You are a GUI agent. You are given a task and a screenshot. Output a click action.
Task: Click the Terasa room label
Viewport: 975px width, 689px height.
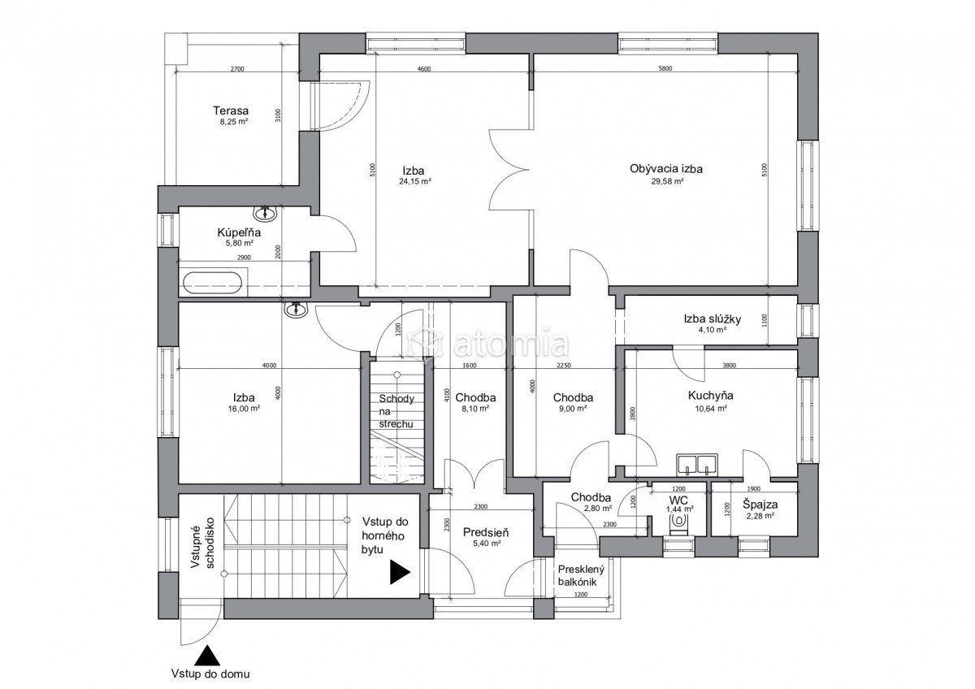click(x=231, y=110)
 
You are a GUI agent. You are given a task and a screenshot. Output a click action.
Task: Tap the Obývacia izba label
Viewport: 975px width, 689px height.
click(x=666, y=169)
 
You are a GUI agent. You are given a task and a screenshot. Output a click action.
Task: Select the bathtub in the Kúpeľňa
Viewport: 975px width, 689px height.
click(x=212, y=284)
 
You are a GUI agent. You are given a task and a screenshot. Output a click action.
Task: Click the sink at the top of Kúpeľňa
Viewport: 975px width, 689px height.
click(x=265, y=213)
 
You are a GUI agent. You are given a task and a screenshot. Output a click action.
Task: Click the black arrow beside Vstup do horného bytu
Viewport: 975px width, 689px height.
click(x=400, y=572)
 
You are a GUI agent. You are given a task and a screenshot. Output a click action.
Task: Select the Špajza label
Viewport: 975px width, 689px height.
click(x=760, y=505)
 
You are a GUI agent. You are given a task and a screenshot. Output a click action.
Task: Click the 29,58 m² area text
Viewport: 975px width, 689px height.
click(x=666, y=182)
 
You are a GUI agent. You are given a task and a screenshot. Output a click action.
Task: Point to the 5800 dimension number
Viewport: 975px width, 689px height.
click(x=665, y=68)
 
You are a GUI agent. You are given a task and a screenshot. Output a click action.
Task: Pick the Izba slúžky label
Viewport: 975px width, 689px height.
click(x=712, y=319)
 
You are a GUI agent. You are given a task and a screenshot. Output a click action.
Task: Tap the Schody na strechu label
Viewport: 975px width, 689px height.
click(x=396, y=411)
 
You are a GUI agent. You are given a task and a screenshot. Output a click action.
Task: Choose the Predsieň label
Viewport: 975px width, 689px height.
click(x=486, y=532)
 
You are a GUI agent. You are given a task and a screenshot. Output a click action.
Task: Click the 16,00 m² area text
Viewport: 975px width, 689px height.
click(x=244, y=409)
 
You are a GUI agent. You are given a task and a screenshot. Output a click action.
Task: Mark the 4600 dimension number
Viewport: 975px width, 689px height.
click(x=424, y=69)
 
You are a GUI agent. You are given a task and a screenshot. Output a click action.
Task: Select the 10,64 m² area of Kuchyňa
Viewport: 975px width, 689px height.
click(x=711, y=409)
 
